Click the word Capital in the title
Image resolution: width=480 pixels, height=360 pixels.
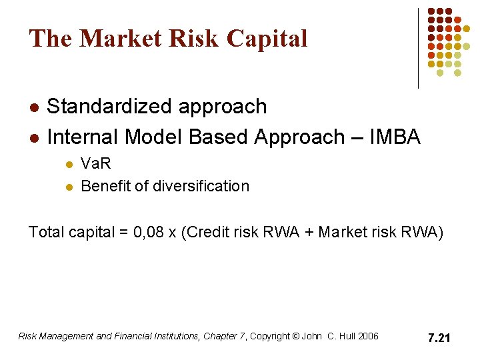pyautogui.click(x=267, y=39)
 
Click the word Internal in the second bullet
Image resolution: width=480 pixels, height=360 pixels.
pyautogui.click(x=83, y=137)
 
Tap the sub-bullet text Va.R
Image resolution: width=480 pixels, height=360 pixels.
pyautogui.click(x=95, y=164)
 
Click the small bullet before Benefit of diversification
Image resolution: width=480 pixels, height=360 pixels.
pyautogui.click(x=67, y=187)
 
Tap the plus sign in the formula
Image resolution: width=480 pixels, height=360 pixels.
pyautogui.click(x=309, y=233)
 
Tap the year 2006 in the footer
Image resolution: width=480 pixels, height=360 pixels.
pyautogui.click(x=368, y=336)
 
